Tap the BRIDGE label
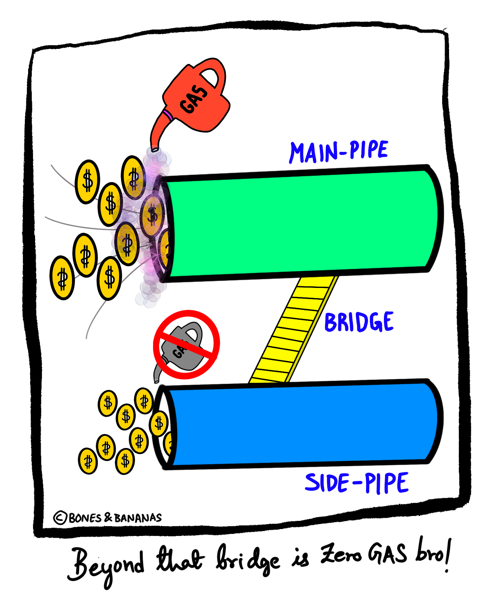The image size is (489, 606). coord(359,322)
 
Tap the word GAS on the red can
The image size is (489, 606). coord(194,99)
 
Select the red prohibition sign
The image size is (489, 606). coord(186,345)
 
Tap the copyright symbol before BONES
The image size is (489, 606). coord(60,518)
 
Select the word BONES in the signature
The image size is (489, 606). coord(85,518)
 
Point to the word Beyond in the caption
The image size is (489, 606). coord(106,566)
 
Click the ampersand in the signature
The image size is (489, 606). coord(108,518)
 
